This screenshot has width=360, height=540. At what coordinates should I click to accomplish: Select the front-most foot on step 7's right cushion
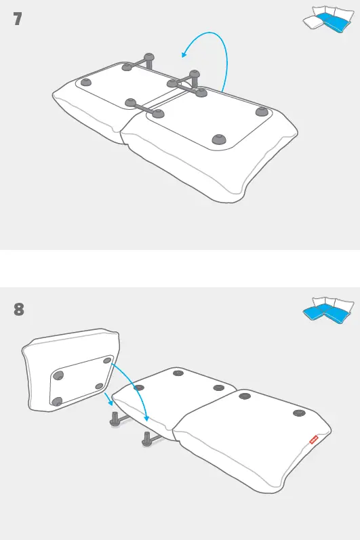pos(218,139)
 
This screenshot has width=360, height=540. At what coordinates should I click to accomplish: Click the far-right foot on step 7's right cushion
pos(262,111)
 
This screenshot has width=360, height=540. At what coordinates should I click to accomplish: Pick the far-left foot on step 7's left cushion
pos(85,82)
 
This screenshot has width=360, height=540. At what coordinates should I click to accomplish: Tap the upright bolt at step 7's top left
pos(148,59)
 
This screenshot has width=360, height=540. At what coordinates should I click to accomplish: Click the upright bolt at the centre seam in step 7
pos(195,76)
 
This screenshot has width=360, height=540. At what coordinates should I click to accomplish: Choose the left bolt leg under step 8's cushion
pos(115,418)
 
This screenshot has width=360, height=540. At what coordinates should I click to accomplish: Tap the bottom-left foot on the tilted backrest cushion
pos(58,401)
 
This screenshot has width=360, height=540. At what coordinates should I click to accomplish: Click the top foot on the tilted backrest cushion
pos(106,361)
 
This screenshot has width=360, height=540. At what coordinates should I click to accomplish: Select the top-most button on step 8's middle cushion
pos(178,373)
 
